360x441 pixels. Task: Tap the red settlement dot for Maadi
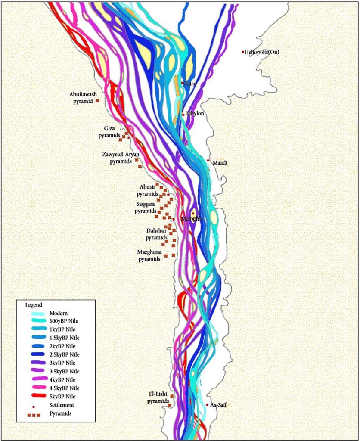[208, 161]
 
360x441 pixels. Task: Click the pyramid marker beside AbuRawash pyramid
[97, 100]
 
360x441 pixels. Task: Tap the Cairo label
[190, 84]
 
